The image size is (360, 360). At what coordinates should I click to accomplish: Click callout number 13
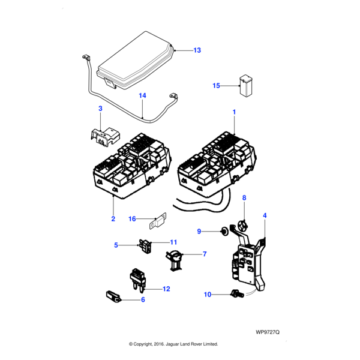pos(197,50)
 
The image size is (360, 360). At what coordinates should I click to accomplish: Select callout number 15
pos(217,86)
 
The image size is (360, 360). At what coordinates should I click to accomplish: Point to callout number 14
pos(142,95)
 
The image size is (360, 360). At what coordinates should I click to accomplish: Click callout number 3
pos(100,108)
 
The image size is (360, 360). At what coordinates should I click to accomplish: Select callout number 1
pos(234,112)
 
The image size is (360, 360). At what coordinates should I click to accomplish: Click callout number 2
pos(113,218)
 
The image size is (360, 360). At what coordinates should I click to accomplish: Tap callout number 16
pos(132,219)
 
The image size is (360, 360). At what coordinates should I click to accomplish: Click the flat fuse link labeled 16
pos(157,219)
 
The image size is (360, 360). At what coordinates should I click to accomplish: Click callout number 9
pos(199,231)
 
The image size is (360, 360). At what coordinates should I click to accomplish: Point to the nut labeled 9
pos(223,230)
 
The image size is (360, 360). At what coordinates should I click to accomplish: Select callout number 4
pos(265,215)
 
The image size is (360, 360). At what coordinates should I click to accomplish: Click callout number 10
pos(207,295)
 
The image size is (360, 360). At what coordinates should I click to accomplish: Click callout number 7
pos(204,254)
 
